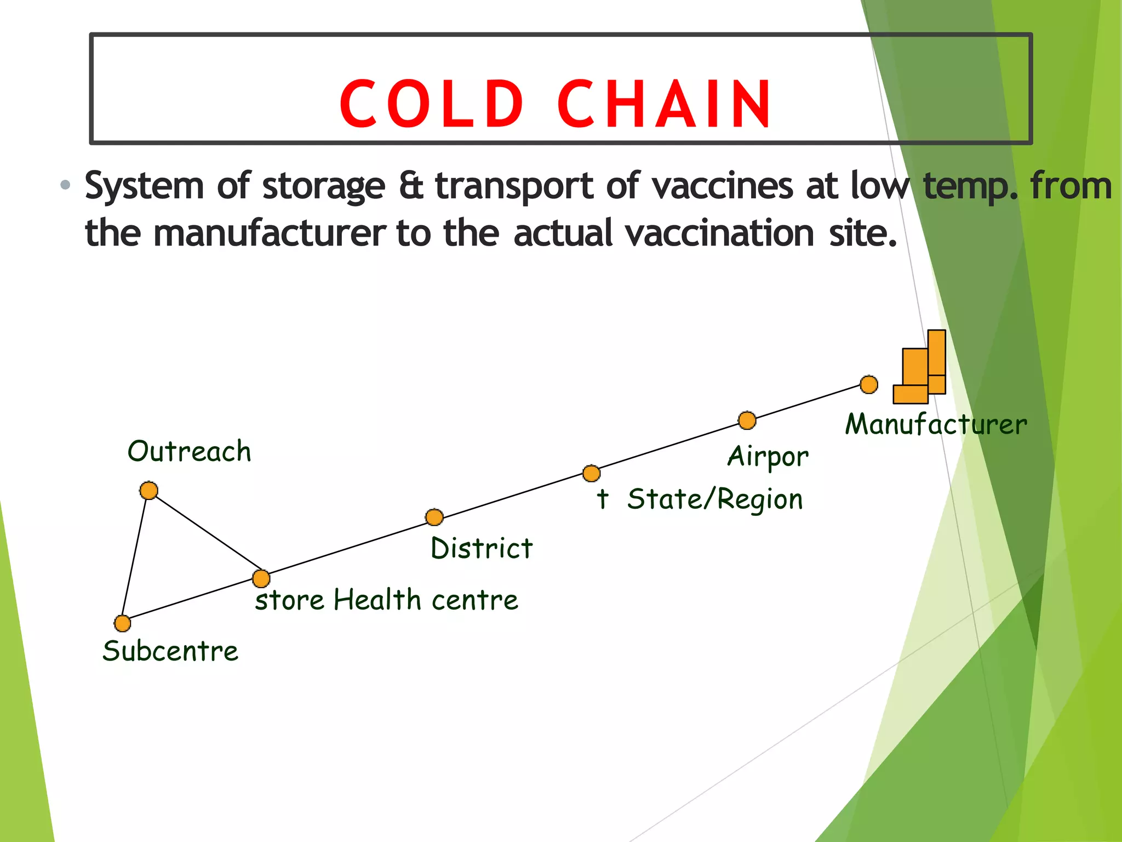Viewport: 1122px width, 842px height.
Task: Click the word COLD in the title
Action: click(x=432, y=104)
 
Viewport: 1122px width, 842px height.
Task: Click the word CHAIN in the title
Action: click(x=665, y=104)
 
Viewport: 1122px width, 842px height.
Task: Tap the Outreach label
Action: click(x=189, y=452)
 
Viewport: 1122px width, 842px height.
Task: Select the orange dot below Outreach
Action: click(x=148, y=490)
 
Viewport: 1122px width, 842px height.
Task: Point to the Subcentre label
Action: click(x=170, y=651)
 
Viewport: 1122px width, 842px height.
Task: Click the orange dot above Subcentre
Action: click(x=122, y=623)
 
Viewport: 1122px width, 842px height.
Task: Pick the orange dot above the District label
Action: click(x=434, y=517)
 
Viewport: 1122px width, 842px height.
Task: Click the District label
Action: click(x=482, y=548)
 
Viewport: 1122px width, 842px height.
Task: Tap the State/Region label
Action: click(x=715, y=499)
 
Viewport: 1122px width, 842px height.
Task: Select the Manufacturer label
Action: click(x=936, y=425)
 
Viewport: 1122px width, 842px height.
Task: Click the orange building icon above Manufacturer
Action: click(x=920, y=367)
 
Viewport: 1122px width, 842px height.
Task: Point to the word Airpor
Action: click(x=768, y=457)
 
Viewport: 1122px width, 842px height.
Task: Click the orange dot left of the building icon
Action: click(x=869, y=384)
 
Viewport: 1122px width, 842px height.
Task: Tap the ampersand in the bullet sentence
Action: click(x=411, y=185)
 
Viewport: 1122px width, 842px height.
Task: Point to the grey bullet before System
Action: click(x=66, y=185)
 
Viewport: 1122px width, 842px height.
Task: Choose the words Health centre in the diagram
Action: click(x=426, y=600)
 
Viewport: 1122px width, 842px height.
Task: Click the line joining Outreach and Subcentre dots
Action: click(x=135, y=557)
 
